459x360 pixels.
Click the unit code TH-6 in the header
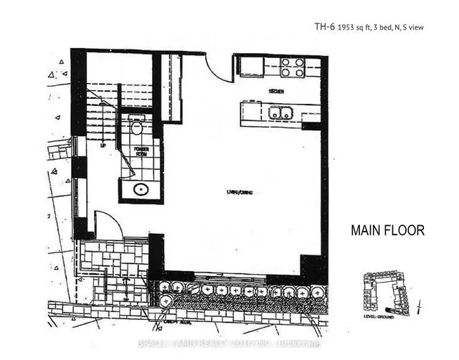click(x=325, y=28)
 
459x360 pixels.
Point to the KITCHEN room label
click(x=278, y=92)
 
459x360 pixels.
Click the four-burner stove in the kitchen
click(x=291, y=67)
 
